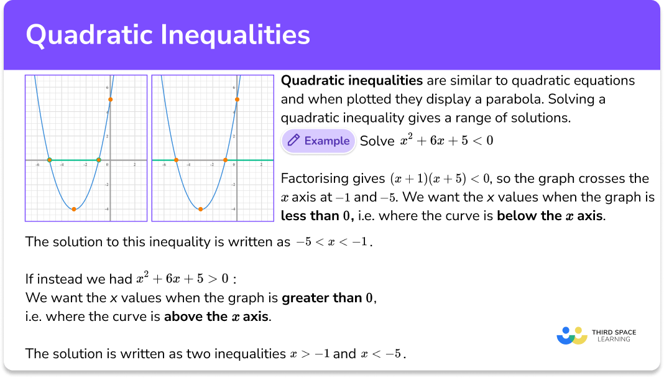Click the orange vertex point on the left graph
tap(74, 209)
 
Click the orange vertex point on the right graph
tap(200, 209)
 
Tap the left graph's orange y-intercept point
tap(110, 100)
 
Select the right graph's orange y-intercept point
tap(237, 100)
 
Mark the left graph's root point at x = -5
tap(50, 160)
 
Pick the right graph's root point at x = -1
tap(225, 160)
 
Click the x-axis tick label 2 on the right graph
tap(261, 165)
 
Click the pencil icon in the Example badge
tap(293, 141)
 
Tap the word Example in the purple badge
tap(327, 141)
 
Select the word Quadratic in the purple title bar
tap(88, 35)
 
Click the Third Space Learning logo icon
tap(572, 335)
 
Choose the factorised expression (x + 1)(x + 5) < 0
tap(440, 179)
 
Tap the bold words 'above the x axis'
tap(216, 317)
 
